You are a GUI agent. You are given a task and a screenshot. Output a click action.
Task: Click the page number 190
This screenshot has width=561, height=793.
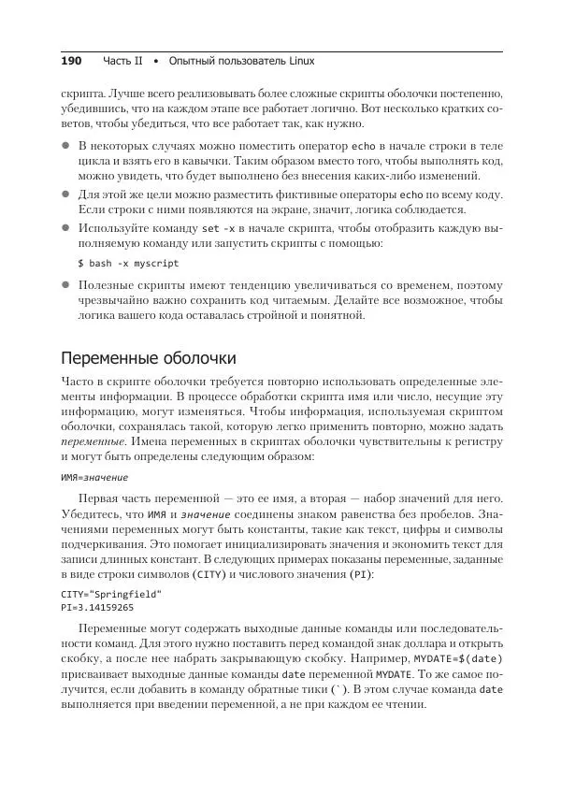pos(71,61)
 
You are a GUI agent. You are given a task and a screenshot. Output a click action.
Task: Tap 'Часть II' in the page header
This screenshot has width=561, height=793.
pos(123,61)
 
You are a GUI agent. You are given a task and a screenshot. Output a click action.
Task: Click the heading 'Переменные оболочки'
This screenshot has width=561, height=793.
pos(148,358)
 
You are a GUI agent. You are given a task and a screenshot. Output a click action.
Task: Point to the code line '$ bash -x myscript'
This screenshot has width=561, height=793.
pos(128,264)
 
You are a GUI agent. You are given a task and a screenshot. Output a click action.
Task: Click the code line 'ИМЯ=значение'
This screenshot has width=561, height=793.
pos(94,477)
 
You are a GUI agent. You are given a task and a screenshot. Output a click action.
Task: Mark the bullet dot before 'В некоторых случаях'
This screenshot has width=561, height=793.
pos(65,147)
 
